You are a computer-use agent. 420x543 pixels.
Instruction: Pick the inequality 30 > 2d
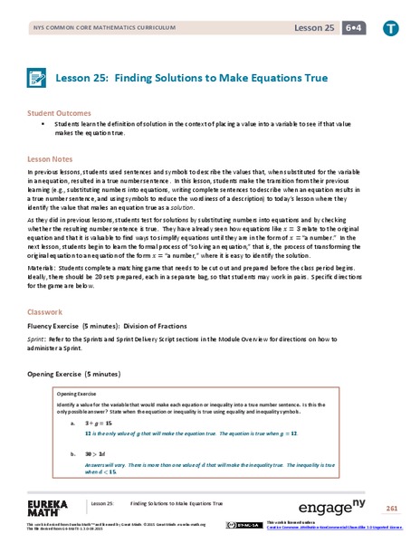pyautogui.click(x=96, y=449)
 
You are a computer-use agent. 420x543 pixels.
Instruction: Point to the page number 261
pyautogui.click(x=391, y=508)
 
